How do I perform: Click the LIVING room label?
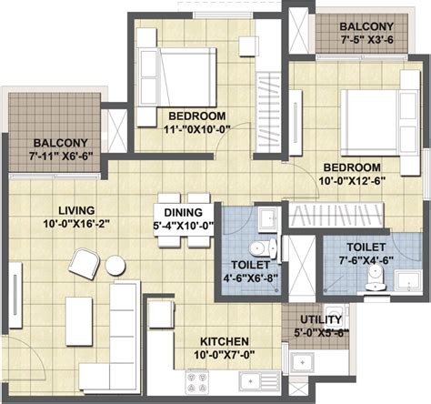[x=76, y=210]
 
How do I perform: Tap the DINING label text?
[x=184, y=212]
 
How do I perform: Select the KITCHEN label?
[x=225, y=341]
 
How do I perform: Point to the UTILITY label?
[x=321, y=319]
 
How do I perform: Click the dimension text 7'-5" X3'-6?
[x=367, y=40]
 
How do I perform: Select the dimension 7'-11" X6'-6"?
[x=61, y=157]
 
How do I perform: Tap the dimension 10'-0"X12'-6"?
[x=352, y=181]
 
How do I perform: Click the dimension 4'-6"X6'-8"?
[x=251, y=278]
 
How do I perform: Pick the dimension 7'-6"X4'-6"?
[x=366, y=260]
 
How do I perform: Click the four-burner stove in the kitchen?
[x=196, y=382]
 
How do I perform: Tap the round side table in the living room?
[x=115, y=266]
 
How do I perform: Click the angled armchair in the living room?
[x=85, y=264]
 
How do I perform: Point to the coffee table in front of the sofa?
[x=79, y=321]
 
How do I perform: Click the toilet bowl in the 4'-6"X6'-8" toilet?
[x=263, y=248]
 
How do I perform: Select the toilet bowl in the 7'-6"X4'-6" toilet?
[x=376, y=278]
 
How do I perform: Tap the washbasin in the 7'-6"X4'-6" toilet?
[x=408, y=281]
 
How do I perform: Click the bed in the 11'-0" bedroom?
[x=176, y=77]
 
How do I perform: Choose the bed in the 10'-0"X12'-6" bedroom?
[x=380, y=123]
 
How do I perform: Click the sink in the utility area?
[x=302, y=362]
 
